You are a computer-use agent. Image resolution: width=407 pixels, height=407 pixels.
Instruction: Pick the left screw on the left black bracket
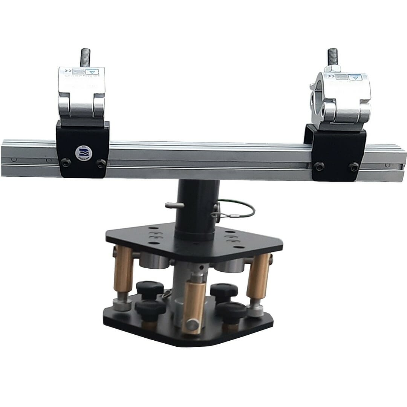coord(66,163)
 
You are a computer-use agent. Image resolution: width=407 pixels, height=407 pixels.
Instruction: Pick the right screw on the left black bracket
coord(101,163)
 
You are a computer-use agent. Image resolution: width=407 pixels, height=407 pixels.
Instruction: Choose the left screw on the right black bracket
coord(319,165)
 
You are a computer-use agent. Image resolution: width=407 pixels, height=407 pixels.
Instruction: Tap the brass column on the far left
coord(123,269)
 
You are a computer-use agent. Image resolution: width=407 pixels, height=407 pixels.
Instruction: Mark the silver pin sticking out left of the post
coord(174,205)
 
